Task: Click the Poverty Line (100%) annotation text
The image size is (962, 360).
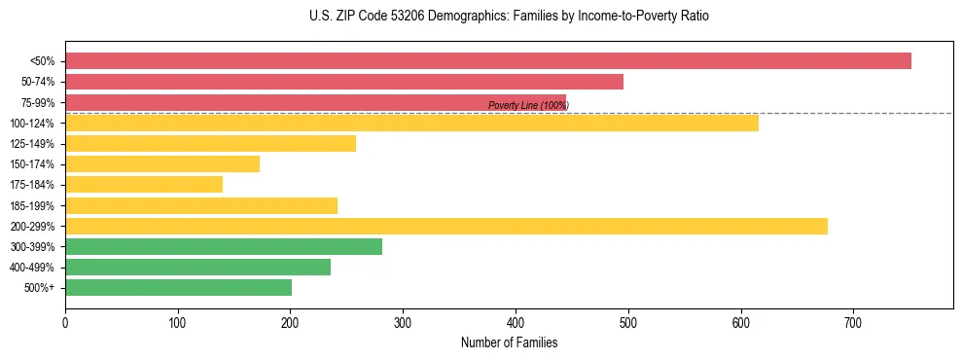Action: (528, 105)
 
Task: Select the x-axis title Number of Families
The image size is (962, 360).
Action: (509, 342)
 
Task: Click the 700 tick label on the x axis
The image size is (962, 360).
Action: (853, 322)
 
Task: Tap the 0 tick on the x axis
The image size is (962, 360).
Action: (65, 322)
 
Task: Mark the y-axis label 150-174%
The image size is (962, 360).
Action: (32, 164)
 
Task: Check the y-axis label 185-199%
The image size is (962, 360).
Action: (32, 206)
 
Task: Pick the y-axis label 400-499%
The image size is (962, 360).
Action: (32, 268)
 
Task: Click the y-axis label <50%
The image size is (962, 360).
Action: (42, 61)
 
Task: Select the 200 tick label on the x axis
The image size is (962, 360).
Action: (290, 322)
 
